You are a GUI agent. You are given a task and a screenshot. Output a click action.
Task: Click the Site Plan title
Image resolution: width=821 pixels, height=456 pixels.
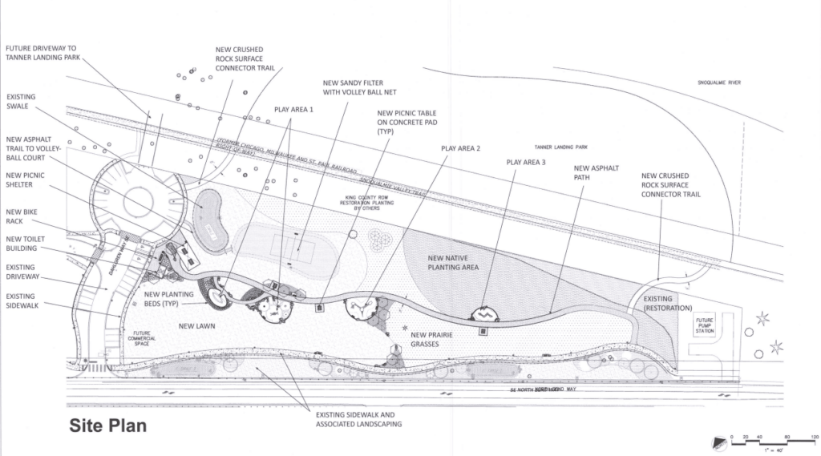[107, 426]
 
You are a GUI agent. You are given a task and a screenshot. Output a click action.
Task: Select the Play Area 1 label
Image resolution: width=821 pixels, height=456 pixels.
[293, 109]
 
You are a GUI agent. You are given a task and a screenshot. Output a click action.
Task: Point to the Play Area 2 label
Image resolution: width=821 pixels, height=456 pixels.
[460, 148]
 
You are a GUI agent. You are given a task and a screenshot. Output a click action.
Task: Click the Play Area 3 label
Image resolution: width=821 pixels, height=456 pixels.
[525, 162]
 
